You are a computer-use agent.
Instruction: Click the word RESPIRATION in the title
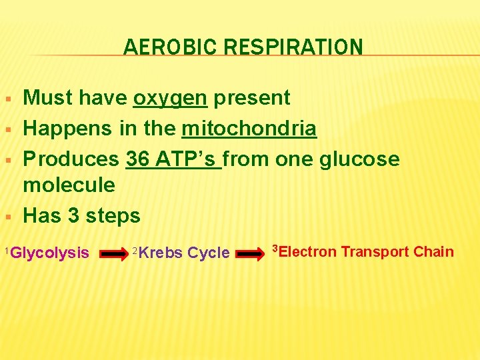(x=293, y=47)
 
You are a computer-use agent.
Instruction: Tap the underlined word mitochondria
(x=249, y=128)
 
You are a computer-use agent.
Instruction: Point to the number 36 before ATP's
(x=138, y=159)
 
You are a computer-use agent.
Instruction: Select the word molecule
(x=69, y=185)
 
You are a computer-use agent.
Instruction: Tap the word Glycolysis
(x=50, y=253)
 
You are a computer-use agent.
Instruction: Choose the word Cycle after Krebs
(x=209, y=253)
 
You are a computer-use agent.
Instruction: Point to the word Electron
(x=307, y=252)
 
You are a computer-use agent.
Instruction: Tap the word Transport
(x=375, y=252)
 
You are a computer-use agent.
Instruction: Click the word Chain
(x=433, y=252)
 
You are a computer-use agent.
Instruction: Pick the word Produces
(x=71, y=159)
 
